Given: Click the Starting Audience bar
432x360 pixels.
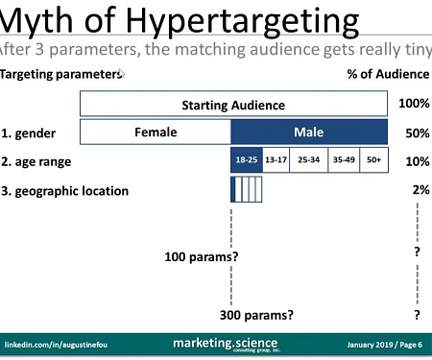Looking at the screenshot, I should coord(233,104).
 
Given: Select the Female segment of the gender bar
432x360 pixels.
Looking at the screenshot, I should coord(155,132).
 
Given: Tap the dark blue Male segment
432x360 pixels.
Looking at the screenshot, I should coord(309,132).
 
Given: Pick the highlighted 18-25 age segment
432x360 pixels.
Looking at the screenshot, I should coord(247,160).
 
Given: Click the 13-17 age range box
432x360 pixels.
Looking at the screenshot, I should coord(277,160).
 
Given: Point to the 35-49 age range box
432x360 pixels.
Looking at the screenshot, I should coord(343,160).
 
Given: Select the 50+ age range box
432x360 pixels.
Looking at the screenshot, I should coord(373,160).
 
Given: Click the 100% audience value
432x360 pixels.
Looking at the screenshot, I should coord(414,104).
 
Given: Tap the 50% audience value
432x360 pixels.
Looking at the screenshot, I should coord(417,132).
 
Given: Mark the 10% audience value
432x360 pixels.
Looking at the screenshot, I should coord(417,161).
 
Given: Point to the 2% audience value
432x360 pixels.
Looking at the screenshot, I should coord(420,190).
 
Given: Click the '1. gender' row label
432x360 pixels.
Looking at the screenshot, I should coord(30,132).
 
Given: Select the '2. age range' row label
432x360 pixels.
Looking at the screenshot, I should coord(36,161).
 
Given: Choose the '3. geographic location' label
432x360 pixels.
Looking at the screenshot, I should coord(65,190).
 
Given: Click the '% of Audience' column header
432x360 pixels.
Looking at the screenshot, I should coord(387,74).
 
